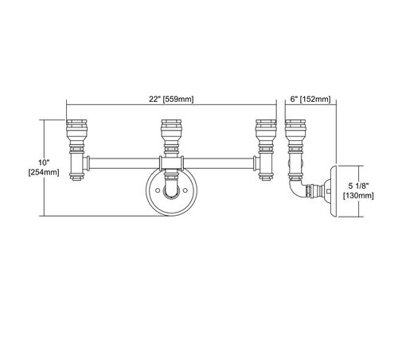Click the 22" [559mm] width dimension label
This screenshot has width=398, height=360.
pos(171,100)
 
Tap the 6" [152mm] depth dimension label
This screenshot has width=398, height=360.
pos(310,100)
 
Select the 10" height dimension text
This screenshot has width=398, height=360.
pos(44,162)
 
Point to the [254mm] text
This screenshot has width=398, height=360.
pos(44,172)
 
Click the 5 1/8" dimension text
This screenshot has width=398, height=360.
pos(358,186)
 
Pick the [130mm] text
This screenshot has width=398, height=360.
pos(358,196)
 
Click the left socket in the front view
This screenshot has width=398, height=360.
pos(76,136)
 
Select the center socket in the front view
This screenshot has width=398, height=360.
pos(172,136)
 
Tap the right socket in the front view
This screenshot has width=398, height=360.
pos(266,136)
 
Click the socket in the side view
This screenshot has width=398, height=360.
pos(295,136)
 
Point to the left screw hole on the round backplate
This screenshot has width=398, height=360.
pos(158,190)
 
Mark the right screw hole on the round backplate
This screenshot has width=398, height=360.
pos(185,190)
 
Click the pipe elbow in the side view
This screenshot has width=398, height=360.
pos(296,188)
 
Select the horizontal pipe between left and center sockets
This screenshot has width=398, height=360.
pos(124,163)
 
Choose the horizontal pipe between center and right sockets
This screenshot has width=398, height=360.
pos(218,163)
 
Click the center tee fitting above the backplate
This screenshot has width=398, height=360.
pos(172,163)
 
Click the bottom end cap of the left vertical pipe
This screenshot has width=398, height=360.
pos(77,177)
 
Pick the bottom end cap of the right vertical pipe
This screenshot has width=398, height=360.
pos(266,177)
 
